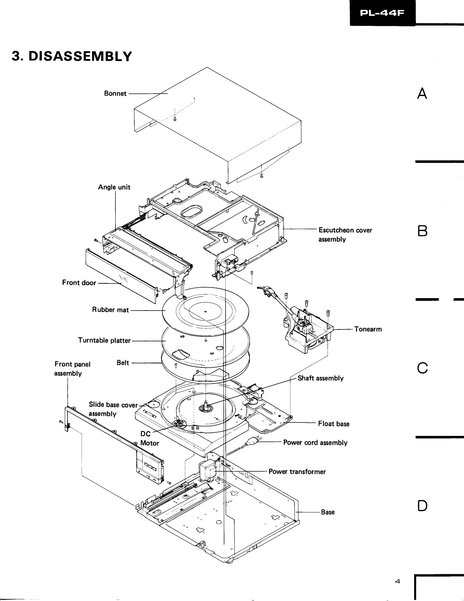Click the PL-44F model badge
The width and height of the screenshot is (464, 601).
[x=382, y=13]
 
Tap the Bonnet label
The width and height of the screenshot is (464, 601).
[x=115, y=93]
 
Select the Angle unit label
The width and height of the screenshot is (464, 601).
[x=114, y=187]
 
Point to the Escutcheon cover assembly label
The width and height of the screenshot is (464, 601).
[x=345, y=234]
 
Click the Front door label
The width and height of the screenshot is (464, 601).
[x=79, y=282]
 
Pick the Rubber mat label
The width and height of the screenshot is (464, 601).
[x=110, y=310]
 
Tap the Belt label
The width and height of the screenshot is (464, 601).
[x=123, y=363]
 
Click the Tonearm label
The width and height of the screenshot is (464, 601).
[x=368, y=329]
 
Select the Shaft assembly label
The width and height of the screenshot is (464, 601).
[x=320, y=378]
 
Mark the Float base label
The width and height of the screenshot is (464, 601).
[x=333, y=424]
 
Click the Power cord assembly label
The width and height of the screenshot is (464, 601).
[x=315, y=442]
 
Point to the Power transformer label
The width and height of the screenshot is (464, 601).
[x=297, y=472]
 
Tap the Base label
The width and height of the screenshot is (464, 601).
[x=328, y=512]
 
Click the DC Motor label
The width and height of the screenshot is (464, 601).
[x=150, y=438]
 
